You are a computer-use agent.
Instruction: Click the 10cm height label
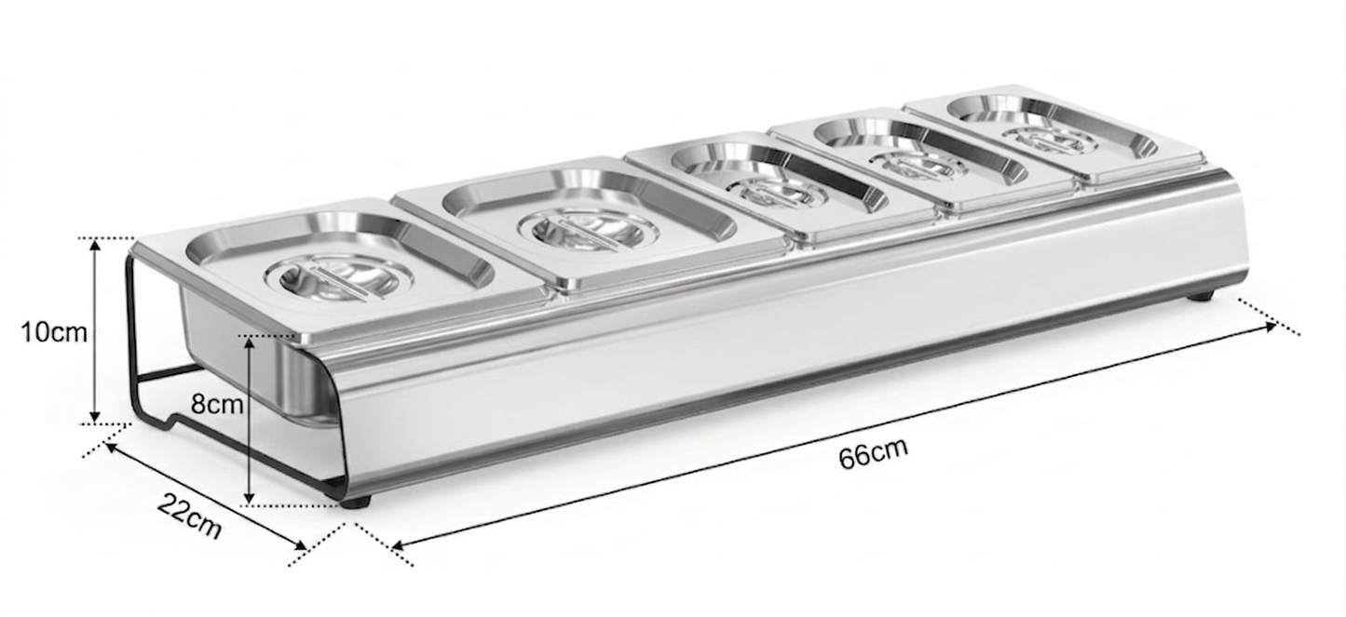tap(55, 332)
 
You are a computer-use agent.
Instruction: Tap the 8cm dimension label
tap(217, 405)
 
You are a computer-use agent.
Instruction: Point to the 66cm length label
tap(873, 454)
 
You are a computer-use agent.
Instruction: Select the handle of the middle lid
tap(776, 192)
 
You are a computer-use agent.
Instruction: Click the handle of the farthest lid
tap(1049, 141)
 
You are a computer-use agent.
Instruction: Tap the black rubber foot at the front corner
tap(359, 503)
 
